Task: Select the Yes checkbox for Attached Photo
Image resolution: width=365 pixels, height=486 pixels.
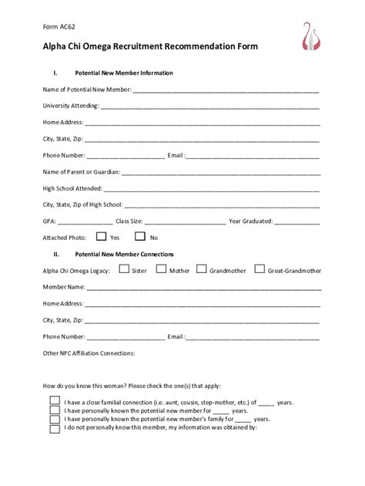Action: coord(101,237)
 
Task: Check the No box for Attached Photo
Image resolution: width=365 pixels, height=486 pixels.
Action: coord(140,237)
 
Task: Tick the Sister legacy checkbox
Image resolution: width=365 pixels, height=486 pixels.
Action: coord(124,270)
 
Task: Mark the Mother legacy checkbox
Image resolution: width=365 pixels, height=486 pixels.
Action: coord(162,270)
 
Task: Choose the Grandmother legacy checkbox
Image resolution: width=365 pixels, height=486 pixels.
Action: coord(201,270)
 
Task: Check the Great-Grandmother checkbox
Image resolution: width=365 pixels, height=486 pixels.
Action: coord(260,270)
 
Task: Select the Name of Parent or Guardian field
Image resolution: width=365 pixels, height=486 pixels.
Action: coord(220,172)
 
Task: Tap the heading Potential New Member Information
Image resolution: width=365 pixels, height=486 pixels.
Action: coord(123,73)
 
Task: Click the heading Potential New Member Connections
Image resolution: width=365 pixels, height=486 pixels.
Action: coord(124,254)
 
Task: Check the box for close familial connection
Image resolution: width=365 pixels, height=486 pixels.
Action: coord(55,401)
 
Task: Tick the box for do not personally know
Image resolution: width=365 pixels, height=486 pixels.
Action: coord(55,428)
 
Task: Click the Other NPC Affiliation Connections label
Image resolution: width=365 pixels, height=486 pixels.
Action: coord(89,353)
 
